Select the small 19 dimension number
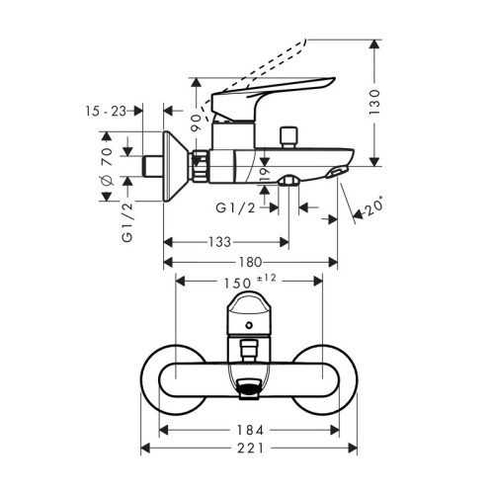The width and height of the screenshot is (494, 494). [x=266, y=177]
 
